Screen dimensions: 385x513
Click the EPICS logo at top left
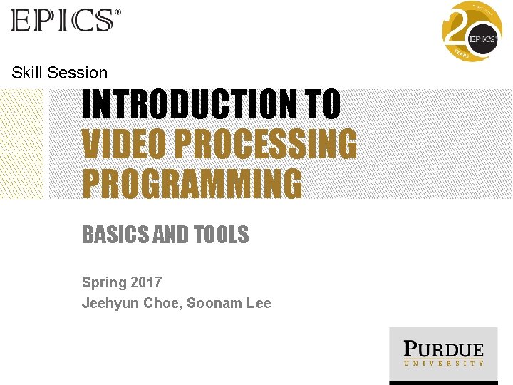tap(62, 20)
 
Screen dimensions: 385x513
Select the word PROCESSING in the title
tap(265, 145)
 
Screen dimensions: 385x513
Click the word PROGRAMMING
tap(192, 183)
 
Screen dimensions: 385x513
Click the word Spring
tap(103, 282)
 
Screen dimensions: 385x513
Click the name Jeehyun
tap(110, 303)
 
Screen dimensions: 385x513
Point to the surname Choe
tap(161, 303)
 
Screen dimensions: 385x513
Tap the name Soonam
tap(214, 303)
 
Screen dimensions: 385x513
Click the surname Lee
tap(259, 303)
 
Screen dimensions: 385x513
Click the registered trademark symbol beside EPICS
tap(118, 12)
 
